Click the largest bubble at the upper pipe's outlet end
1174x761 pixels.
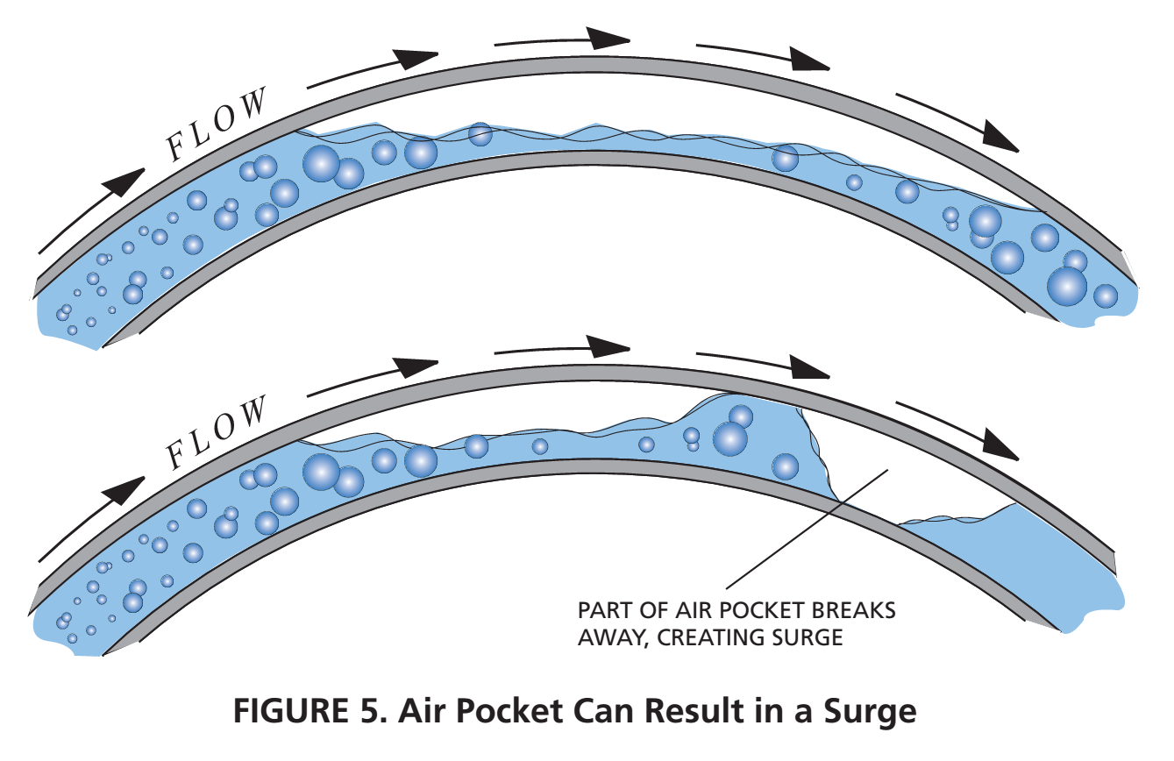[x=1067, y=286]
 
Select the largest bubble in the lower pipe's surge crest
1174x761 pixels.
[x=729, y=438]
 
